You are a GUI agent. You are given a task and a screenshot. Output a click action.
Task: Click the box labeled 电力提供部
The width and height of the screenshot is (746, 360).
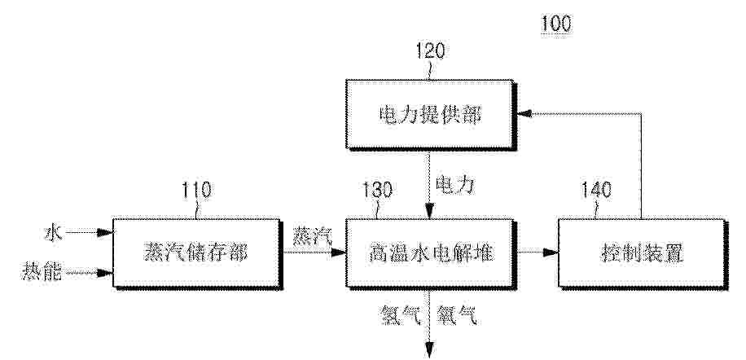431,115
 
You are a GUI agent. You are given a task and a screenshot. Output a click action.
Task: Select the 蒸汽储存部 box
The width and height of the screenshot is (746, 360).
197,253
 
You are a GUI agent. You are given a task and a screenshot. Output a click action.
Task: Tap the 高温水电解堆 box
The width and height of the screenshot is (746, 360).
431,253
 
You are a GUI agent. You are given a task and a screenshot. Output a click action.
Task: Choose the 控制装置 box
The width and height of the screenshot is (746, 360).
643,253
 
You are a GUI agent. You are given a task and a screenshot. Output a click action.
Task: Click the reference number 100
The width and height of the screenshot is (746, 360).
556,24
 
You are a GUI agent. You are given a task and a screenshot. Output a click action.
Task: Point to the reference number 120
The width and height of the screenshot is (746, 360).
431,50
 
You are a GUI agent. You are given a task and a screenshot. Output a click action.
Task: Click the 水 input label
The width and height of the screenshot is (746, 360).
53,234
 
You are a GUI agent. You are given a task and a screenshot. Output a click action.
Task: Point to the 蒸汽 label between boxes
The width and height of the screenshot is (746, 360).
312,236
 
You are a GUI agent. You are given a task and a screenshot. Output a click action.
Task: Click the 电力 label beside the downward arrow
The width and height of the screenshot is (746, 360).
455,184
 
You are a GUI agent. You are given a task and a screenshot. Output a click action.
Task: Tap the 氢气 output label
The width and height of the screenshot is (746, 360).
401,315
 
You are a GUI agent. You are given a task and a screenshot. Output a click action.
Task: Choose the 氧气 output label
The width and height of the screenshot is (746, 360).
457,315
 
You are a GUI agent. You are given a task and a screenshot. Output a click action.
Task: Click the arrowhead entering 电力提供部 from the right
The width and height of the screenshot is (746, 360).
524,113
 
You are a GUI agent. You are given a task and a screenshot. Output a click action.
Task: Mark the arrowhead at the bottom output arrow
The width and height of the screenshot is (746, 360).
430,349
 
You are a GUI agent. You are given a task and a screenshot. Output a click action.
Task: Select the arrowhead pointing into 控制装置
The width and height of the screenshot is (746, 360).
551,252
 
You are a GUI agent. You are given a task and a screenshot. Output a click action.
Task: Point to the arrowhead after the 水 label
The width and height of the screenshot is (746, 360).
105,233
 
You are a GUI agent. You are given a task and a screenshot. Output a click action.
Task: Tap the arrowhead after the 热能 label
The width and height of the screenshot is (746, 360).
105,273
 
